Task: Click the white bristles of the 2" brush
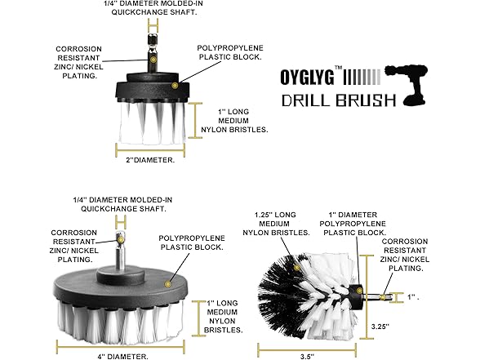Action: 151,122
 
